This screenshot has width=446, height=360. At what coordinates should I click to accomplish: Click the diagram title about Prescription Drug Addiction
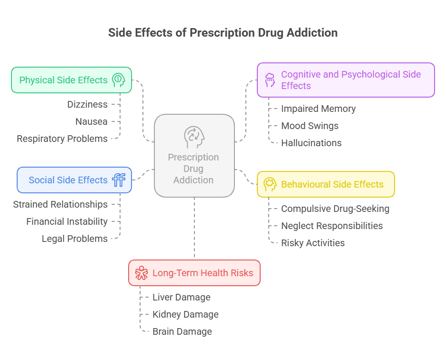(223, 33)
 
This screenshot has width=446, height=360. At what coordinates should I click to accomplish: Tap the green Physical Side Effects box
(71, 80)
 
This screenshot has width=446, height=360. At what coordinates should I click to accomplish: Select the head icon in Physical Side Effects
(118, 80)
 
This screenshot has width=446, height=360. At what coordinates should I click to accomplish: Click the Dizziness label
(87, 104)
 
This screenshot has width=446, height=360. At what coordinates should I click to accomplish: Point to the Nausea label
(91, 121)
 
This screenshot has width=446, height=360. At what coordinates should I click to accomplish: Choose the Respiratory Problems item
(62, 139)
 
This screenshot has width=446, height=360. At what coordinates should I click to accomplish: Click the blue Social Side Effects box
(74, 180)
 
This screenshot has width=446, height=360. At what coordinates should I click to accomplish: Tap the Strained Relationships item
(60, 204)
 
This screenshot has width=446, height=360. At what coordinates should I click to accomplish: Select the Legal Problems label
(74, 239)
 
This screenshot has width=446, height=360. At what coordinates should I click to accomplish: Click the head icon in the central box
(194, 137)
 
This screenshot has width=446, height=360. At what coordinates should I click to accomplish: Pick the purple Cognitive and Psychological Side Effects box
(345, 80)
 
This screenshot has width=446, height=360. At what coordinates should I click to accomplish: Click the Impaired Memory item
(318, 109)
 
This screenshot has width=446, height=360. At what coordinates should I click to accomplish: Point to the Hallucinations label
(311, 143)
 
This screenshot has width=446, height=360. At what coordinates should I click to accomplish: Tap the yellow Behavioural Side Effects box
(326, 184)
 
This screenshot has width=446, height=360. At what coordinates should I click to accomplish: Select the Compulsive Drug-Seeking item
(335, 209)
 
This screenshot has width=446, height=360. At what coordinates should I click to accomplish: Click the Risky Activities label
(313, 243)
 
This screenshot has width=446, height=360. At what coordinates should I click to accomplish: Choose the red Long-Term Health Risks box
(194, 273)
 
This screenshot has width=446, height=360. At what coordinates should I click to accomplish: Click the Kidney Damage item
(185, 314)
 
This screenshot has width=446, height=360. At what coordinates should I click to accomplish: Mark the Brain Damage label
(182, 331)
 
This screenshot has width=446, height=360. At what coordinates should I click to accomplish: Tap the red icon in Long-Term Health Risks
(142, 273)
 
